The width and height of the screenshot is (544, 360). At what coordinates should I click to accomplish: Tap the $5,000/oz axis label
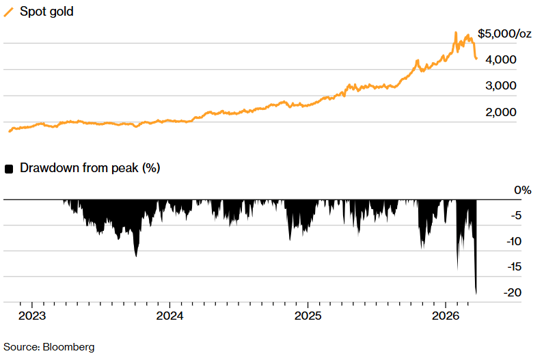(504, 33)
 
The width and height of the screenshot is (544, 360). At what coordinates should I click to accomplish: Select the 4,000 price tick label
(502, 60)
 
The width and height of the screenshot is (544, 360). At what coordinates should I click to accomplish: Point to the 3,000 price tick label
(502, 86)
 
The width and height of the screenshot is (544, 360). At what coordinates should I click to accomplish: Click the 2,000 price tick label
(502, 112)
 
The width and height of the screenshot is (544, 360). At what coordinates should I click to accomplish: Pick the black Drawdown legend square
(9, 169)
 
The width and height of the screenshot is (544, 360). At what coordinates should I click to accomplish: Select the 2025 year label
(308, 316)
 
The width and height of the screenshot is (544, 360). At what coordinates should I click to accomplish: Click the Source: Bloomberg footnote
(49, 346)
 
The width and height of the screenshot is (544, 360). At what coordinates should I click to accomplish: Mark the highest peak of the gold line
(456, 32)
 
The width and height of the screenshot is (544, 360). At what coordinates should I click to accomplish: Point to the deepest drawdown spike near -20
(476, 293)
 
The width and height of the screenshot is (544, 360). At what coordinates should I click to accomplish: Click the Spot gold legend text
(46, 12)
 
